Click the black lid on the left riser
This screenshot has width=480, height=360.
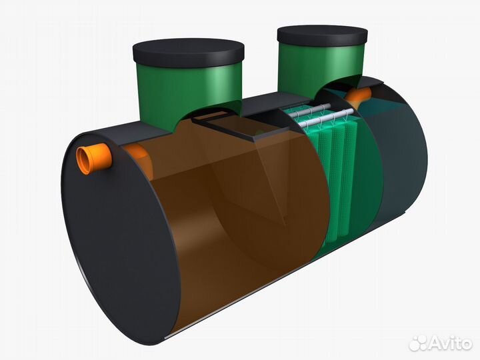(188, 53)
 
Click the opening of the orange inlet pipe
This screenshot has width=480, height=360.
(84, 161)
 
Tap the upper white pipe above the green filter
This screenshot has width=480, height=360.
(309, 109)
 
